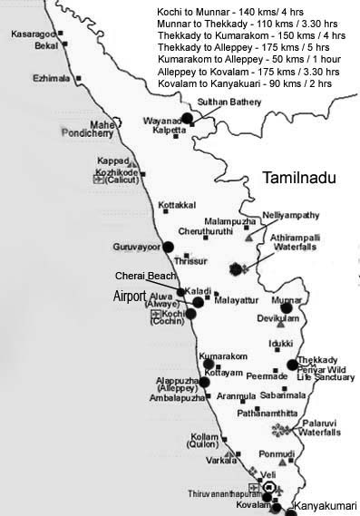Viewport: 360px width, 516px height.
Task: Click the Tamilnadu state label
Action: [x=298, y=179]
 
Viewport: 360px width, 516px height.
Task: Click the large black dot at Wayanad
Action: [x=187, y=118]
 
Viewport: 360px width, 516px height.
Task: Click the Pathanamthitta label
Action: [x=269, y=413]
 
